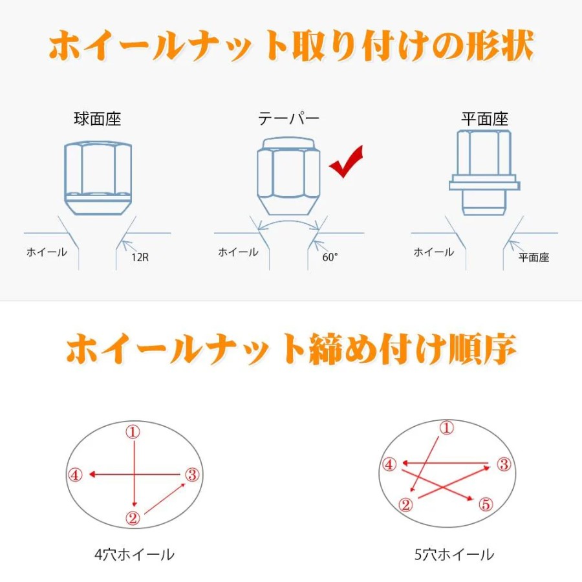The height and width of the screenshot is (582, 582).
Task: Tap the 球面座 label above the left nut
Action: point(98,119)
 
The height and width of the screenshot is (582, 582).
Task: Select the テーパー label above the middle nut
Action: point(289,119)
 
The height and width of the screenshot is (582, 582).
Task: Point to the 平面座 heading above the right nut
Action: point(484,119)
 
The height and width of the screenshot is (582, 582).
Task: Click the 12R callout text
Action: point(140,257)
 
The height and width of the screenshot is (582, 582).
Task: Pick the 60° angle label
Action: point(330,257)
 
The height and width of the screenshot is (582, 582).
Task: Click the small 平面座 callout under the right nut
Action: point(533,257)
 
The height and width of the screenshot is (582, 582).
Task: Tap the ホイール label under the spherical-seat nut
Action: point(47,252)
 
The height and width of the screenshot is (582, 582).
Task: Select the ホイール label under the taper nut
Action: point(238,252)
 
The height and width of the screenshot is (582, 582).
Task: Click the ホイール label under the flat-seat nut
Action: point(434,252)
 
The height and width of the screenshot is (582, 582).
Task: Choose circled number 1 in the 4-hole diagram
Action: point(133,432)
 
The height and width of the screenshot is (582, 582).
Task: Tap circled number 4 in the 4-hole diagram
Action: point(75,475)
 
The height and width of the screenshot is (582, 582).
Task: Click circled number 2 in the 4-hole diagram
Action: point(133,518)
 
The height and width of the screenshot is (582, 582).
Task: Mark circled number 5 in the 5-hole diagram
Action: point(486,504)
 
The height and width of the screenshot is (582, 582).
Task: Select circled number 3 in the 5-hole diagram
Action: point(504,464)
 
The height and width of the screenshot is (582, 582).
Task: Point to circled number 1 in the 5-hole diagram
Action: point(446,428)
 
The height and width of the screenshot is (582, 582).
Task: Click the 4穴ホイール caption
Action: point(135,555)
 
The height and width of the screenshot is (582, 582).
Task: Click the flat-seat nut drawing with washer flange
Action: point(484,173)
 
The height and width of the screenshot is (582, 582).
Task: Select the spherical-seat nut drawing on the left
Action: point(98,178)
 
